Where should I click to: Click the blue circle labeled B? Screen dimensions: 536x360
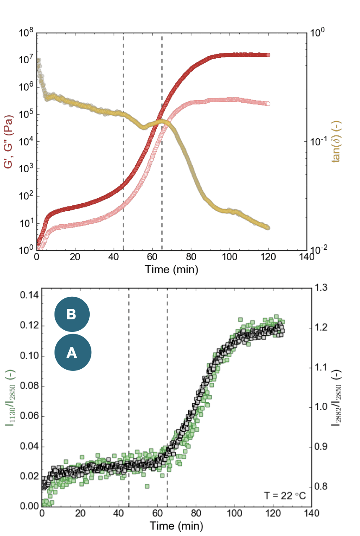[x=72, y=314]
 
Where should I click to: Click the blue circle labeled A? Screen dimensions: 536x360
[x=72, y=353]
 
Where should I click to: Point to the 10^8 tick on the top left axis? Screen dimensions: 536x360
[x=25, y=33]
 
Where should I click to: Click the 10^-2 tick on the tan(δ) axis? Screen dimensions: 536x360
[x=319, y=250]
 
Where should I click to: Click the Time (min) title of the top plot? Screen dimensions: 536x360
[x=171, y=269]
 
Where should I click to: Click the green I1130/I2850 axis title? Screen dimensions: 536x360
[x=9, y=397]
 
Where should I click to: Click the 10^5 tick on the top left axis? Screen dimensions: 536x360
[x=25, y=114]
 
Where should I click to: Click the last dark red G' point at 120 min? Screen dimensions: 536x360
[x=268, y=55]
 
